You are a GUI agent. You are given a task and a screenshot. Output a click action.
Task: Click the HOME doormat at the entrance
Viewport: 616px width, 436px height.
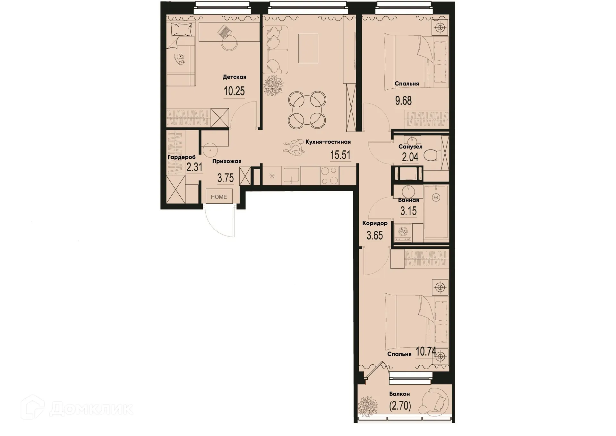[219, 197]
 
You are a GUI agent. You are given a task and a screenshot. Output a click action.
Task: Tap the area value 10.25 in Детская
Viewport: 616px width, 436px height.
[234, 91]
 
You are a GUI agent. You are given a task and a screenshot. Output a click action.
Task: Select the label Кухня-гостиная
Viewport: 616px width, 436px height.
[328, 142]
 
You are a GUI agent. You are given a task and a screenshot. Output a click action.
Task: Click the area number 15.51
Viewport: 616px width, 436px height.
[340, 155]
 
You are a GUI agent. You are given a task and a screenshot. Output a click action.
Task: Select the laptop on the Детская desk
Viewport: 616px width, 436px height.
[224, 32]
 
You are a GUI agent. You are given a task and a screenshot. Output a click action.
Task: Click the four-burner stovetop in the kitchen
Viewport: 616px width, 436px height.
[329, 175]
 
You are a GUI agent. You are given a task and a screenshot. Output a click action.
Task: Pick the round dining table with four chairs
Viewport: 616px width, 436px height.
[307, 109]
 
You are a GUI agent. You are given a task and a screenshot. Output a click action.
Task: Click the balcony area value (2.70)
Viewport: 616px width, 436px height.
[400, 406]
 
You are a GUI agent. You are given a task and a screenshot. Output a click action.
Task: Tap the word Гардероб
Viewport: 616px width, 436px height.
[182, 157]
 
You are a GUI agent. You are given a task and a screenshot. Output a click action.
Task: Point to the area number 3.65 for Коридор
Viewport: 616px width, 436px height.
[375, 236]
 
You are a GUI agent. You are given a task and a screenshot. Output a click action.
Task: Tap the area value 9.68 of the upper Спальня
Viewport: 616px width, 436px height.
[403, 101]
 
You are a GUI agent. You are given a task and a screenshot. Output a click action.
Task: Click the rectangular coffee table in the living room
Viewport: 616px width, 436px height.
[308, 49]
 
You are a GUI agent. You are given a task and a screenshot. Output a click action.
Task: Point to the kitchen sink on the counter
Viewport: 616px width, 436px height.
[291, 176]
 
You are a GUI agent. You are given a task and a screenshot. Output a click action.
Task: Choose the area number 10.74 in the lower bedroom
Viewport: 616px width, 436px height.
[426, 352]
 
